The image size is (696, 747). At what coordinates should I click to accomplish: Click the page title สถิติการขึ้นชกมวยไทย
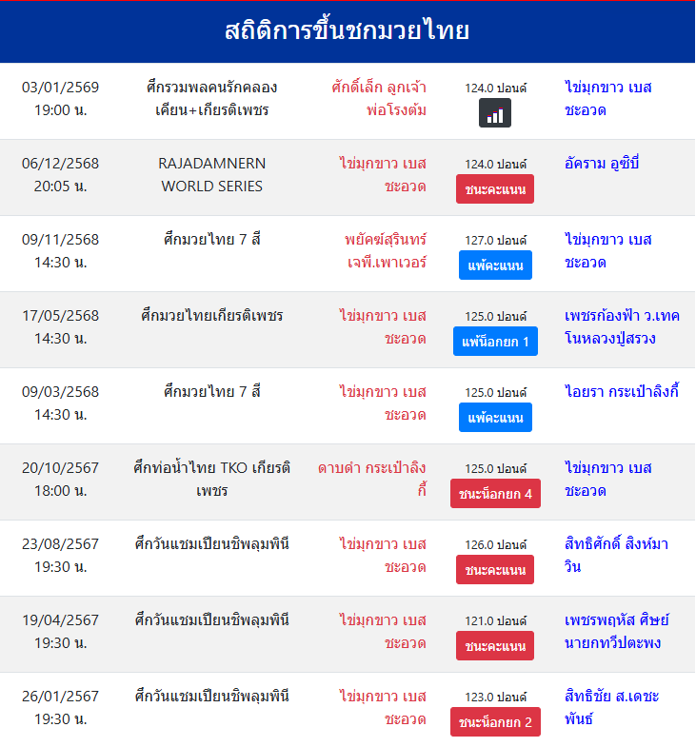coord(348,31)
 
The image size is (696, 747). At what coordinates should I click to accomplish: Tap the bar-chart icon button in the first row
coord(494,113)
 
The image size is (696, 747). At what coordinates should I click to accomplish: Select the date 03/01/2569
coord(61,88)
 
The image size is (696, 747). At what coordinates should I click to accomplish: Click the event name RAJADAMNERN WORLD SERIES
coord(212,175)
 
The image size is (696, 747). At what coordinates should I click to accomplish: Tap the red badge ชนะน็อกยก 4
coord(495,494)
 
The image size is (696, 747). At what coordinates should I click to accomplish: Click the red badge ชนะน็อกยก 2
coord(495,722)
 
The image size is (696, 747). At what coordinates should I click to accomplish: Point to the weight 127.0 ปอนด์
coord(495,241)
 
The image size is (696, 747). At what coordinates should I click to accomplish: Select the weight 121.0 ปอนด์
coord(495,621)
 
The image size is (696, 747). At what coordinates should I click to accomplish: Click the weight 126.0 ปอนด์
coord(495,545)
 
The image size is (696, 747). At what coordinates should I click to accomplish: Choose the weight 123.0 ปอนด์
coord(495,698)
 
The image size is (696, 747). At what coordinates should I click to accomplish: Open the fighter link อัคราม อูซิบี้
coord(602,164)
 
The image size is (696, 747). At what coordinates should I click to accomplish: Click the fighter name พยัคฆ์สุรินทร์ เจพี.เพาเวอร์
coord(386,251)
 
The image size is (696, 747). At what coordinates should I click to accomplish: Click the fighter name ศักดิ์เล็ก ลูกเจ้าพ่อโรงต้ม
coord(379,99)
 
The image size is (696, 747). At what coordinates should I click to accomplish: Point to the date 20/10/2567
coord(61,468)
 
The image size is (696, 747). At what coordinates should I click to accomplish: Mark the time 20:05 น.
coord(61,187)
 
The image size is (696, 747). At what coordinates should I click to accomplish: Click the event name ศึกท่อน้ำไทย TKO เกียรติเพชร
coord(212,480)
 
